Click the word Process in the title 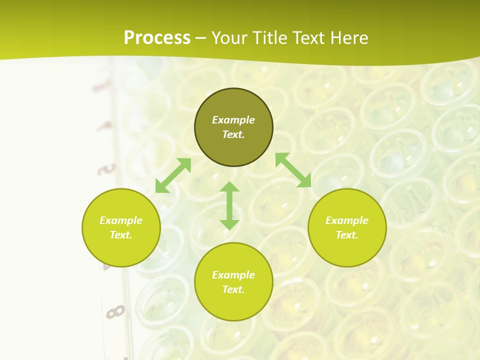[157, 38]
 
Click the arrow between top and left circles [173, 175]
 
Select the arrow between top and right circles [293, 170]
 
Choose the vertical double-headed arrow [229, 205]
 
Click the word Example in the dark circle [233, 120]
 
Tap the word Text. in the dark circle [233, 134]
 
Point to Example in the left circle [121, 220]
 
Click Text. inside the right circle [347, 235]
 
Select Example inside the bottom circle [233, 275]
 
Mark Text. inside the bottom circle [233, 289]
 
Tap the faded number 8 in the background [115, 312]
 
